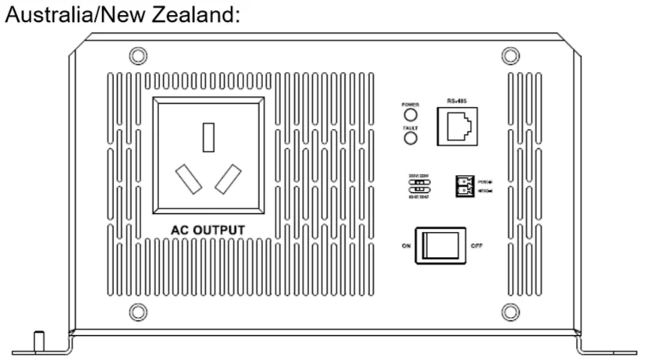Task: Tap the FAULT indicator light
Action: (408, 138)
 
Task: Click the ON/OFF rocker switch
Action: (439, 246)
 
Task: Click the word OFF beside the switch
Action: (477, 246)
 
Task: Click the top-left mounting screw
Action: (137, 56)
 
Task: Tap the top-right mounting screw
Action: (510, 56)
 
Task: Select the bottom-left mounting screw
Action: (137, 311)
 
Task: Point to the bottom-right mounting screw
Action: (510, 311)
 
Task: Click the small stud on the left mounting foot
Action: (37, 340)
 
